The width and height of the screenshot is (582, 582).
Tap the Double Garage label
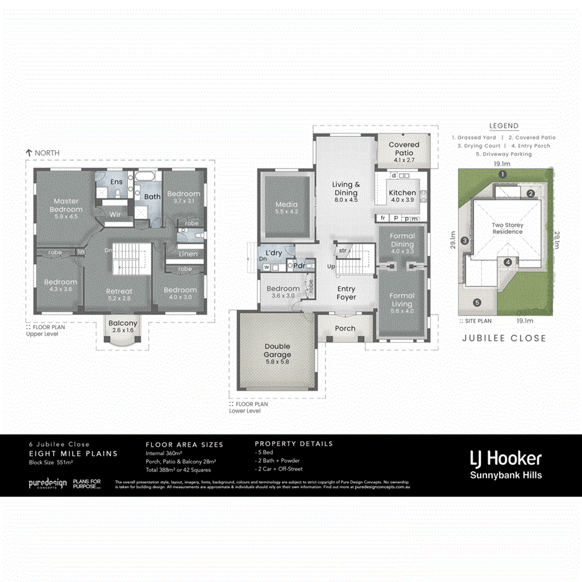(277, 350)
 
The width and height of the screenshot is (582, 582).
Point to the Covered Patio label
(404, 149)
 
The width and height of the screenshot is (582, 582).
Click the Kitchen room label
(402, 193)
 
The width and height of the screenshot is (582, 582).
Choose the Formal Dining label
(402, 241)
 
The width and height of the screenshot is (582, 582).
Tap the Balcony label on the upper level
(122, 323)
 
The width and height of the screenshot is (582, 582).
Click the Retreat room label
(119, 292)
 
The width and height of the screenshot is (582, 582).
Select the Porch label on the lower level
(345, 328)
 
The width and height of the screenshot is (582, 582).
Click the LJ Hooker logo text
(505, 458)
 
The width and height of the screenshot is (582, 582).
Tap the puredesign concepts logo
(47, 484)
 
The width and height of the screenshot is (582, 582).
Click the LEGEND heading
(504, 126)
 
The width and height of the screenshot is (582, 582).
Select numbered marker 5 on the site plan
(477, 302)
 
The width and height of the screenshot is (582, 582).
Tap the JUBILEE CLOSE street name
(504, 338)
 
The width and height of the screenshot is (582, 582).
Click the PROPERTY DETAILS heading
(294, 444)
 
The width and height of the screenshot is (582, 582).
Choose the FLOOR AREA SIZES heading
(184, 445)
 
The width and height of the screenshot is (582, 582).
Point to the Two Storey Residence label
(507, 228)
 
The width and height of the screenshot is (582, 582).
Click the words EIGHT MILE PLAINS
(73, 454)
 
